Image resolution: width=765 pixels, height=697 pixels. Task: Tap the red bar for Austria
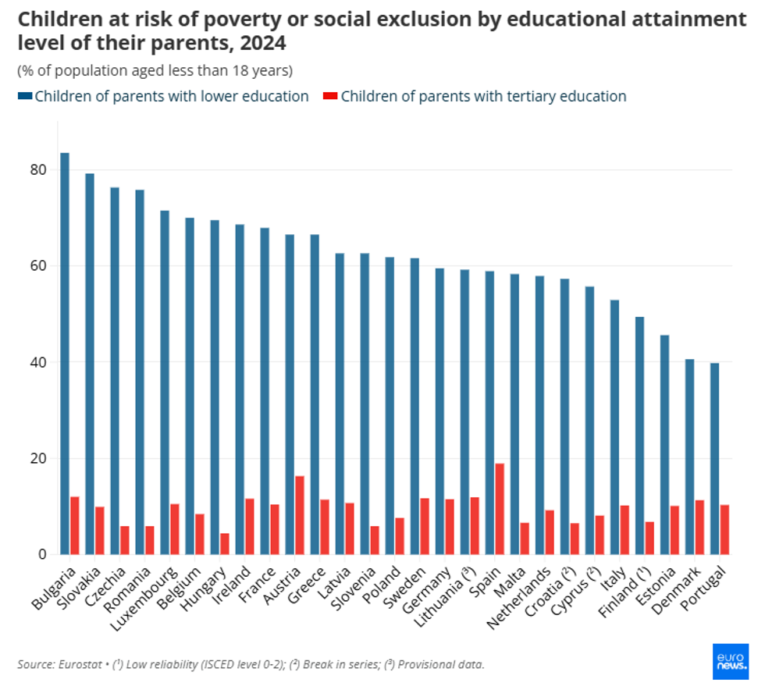pos(300,515)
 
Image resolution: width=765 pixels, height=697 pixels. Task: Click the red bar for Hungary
pos(225,543)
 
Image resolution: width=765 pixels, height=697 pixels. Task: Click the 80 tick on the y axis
pos(39,170)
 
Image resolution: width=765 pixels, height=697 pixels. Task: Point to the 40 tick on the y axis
pos(39,363)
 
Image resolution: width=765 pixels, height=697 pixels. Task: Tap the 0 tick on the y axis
pos(44,555)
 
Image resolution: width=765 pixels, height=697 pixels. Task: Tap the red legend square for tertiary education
pos(330,96)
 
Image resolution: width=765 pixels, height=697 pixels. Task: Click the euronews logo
pos(731,662)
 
